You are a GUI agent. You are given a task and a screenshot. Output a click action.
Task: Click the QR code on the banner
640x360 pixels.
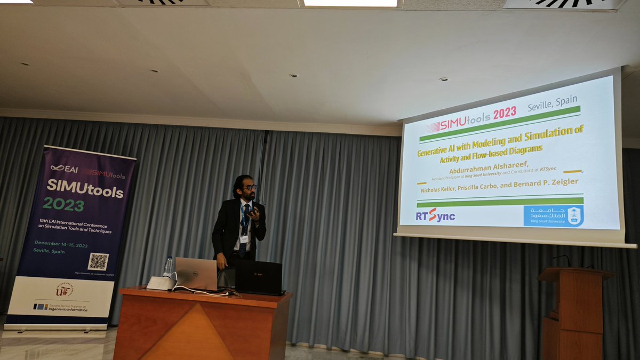coord(98,261)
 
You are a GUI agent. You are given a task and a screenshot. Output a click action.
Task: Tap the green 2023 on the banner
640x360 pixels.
coord(63,204)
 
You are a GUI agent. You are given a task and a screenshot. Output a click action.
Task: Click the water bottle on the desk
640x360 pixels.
coord(168,267)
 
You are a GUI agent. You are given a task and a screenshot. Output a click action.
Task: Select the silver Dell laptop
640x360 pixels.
coord(196,274)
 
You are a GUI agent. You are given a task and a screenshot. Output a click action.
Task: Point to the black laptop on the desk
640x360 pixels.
coord(259,277)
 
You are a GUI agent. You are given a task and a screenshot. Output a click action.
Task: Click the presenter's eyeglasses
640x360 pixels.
coord(249,187)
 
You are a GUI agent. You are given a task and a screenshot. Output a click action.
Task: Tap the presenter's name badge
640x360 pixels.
coord(244,239)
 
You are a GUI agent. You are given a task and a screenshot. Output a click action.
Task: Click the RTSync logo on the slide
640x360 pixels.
coord(435,215)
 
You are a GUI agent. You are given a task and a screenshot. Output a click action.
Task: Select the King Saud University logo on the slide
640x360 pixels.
coord(553,216)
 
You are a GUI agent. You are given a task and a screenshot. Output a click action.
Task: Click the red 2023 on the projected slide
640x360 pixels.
coord(505,113)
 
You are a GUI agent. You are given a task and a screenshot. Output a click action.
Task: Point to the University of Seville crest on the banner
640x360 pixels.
coord(65,290)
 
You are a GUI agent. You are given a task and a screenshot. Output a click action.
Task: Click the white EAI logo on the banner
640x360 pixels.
coord(65,169)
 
